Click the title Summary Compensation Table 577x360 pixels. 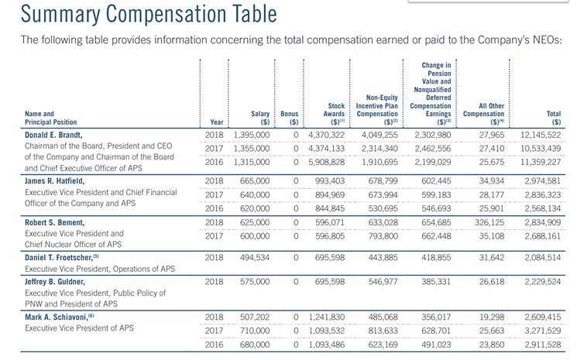[x=149, y=15]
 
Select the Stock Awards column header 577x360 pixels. [x=334, y=114]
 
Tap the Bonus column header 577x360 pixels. [x=289, y=118]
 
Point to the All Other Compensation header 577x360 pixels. [x=483, y=114]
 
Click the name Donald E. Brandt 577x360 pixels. [x=53, y=135]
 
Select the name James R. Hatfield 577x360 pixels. [x=54, y=181]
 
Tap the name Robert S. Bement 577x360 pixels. [x=54, y=222]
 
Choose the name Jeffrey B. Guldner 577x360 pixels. [x=55, y=282]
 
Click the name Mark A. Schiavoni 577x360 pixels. [x=57, y=317]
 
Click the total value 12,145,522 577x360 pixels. [x=541, y=135]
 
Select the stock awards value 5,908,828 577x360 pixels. [x=327, y=162]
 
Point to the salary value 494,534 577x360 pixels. [x=255, y=257]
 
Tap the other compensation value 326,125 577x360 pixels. [x=489, y=222]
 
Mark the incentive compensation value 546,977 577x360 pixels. [x=383, y=282]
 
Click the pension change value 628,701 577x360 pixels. [x=436, y=331]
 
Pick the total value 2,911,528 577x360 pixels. [x=543, y=345]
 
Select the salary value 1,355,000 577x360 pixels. [x=252, y=149]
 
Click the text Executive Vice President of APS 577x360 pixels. [x=79, y=328]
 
